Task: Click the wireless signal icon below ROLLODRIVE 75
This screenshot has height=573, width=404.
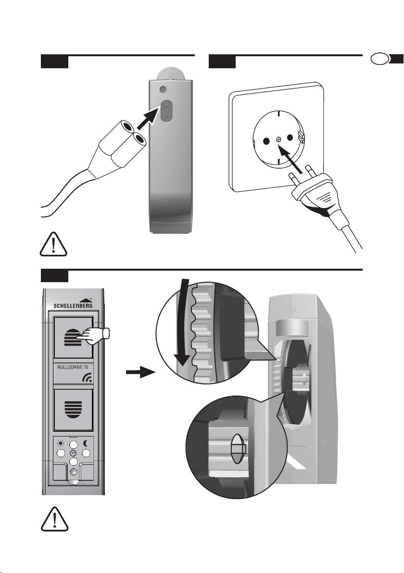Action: pyautogui.click(x=87, y=378)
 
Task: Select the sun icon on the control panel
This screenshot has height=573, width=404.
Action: pyautogui.click(x=61, y=443)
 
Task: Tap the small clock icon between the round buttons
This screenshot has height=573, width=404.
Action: pyautogui.click(x=74, y=453)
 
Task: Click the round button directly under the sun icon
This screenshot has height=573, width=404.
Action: pyautogui.click(x=61, y=453)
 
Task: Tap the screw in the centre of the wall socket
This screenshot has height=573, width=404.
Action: pyautogui.click(x=278, y=139)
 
